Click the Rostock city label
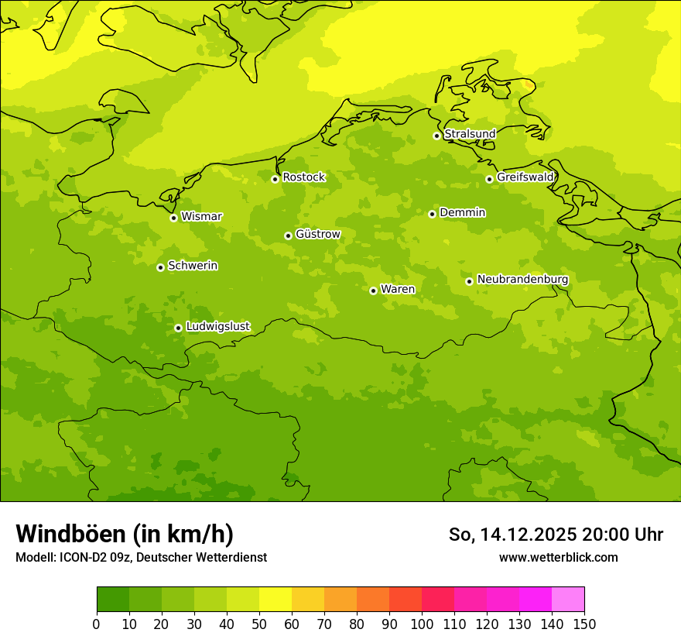[x=303, y=177]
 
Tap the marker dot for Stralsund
[x=436, y=136]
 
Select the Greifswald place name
[x=525, y=177]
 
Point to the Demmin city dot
[x=432, y=214]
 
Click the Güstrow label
[x=317, y=234]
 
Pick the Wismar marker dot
[x=173, y=218]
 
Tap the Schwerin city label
[x=193, y=266]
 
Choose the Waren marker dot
[x=373, y=291]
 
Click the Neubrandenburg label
[x=522, y=280]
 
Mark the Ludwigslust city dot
[x=178, y=328]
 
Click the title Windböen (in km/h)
[x=125, y=534]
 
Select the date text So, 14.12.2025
[x=513, y=535]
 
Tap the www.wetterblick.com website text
[x=558, y=557]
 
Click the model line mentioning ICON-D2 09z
[x=141, y=557]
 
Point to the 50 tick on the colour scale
[x=259, y=624]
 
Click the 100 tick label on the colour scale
[x=422, y=624]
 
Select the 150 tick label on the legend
[x=584, y=624]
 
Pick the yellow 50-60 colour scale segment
[x=275, y=600]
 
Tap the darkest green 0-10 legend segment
[x=113, y=600]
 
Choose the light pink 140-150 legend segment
[x=568, y=600]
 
